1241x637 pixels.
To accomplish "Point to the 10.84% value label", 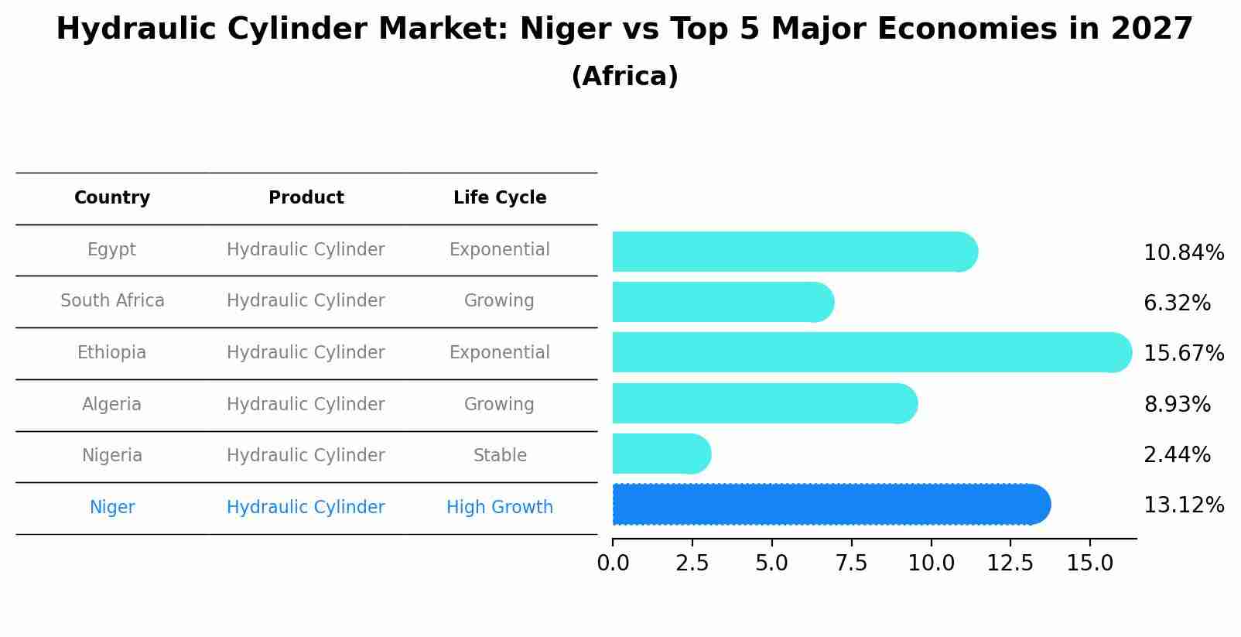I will (x=1183, y=253).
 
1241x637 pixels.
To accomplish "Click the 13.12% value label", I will (x=1183, y=505).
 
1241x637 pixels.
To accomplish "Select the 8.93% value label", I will (x=1177, y=404).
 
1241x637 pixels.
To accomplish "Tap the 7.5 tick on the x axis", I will (x=851, y=563).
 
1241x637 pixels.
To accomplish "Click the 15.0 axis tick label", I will (x=1089, y=563).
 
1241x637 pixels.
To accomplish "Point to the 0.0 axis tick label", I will (x=613, y=563).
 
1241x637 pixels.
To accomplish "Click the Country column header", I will (x=112, y=198).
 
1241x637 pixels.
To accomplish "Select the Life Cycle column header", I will (x=500, y=198).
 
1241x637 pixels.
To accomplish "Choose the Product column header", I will (x=306, y=198).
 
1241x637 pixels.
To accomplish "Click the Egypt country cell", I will (x=111, y=250).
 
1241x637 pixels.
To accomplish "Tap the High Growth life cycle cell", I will (x=500, y=508).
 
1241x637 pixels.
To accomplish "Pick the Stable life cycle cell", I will (x=500, y=456).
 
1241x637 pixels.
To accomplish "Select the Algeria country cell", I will (x=111, y=405).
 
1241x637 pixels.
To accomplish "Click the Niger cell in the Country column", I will (x=112, y=508).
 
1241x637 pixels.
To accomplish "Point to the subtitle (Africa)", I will (x=624, y=77).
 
